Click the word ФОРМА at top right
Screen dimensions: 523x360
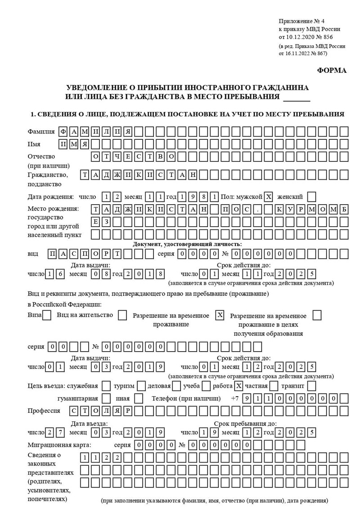(332, 71)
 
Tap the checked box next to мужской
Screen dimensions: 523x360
(269, 197)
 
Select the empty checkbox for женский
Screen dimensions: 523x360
(311, 197)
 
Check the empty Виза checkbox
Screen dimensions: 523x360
(46, 315)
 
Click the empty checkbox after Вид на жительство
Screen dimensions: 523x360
(122, 315)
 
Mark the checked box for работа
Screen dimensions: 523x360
(239, 386)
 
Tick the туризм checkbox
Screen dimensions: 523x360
(141, 386)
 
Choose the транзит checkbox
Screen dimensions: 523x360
(311, 386)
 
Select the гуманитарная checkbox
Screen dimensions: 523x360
(106, 398)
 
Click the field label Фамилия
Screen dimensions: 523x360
(41, 132)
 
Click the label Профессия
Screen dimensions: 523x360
(44, 411)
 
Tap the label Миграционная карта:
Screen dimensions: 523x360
(59, 445)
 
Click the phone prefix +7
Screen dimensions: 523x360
(235, 398)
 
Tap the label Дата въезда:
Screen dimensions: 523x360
(89, 424)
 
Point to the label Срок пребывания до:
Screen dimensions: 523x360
(245, 424)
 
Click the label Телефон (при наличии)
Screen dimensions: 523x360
(186, 398)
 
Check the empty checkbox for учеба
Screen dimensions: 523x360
(207, 386)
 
